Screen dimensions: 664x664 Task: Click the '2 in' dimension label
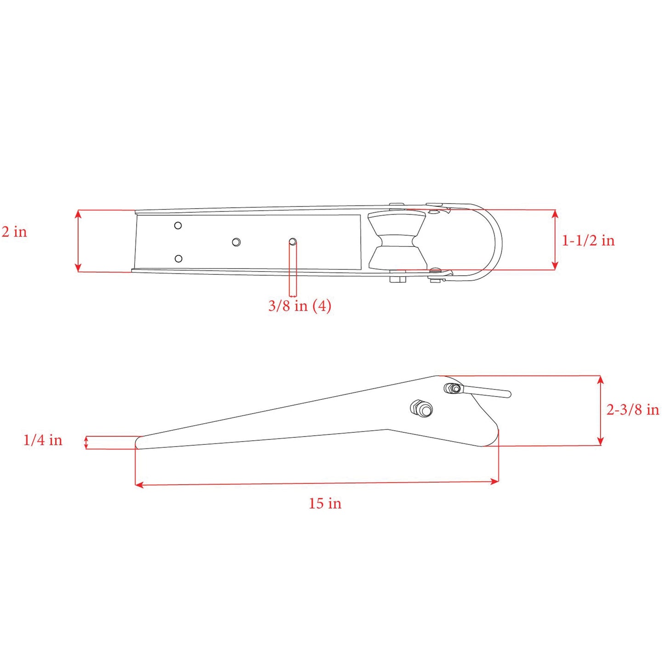14,232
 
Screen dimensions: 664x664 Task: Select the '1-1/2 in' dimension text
588,240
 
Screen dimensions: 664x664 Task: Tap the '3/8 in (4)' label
300,306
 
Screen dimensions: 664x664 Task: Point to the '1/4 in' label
43,440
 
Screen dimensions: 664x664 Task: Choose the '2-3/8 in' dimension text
632,409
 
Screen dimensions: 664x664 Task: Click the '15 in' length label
325,504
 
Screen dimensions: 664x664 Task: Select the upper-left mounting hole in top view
178,225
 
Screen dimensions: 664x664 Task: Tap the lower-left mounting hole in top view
178,259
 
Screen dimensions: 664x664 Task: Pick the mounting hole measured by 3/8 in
293,242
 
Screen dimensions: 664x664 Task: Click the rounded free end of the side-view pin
507,394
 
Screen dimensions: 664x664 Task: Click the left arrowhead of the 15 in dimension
139,485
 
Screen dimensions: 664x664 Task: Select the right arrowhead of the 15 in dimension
495,481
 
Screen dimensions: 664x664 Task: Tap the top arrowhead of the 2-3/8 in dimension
600,379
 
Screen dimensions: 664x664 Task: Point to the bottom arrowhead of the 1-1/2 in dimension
555,266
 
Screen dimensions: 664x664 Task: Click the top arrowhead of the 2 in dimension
78,214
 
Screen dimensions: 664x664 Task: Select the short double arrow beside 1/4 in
86,443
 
